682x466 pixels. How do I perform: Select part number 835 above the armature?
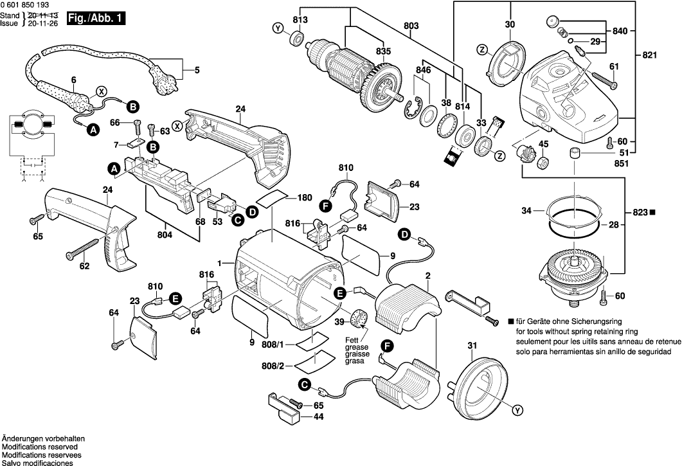[384, 51]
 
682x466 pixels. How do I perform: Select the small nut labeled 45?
[543, 163]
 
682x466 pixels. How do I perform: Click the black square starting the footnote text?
[510, 321]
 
